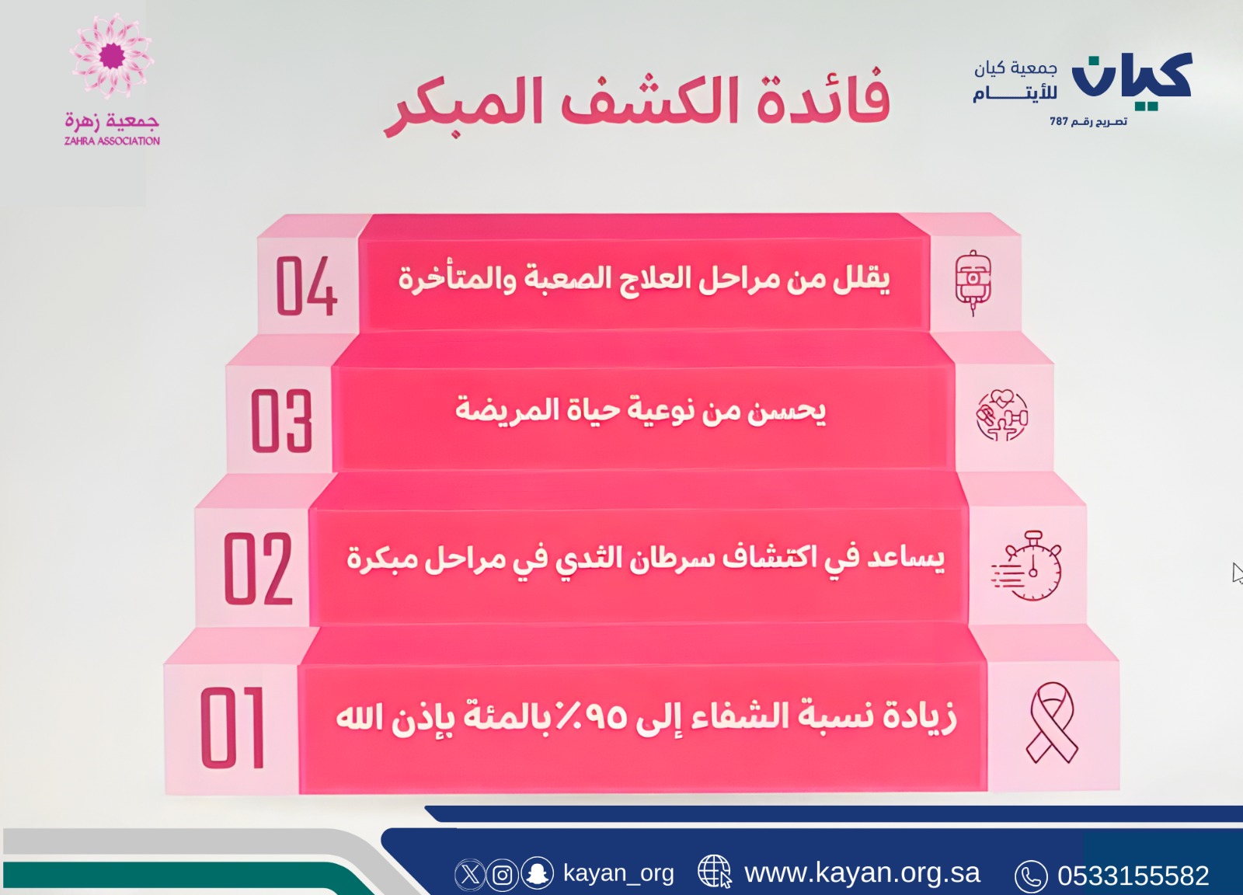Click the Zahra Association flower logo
pos(112,57)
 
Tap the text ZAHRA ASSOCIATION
pos(112,141)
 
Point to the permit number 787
pos(1059,121)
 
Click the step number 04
pos(306,286)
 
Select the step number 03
pos(281,420)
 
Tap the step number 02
pos(258,568)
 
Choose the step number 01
pos(232,727)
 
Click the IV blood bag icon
pos(973,283)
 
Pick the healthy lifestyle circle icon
pos(1002,415)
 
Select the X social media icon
pos(469,875)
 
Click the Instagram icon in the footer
pos(503,875)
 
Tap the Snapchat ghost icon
pos(537,872)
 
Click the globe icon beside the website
pos(715,872)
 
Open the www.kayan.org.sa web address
pos(862,873)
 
